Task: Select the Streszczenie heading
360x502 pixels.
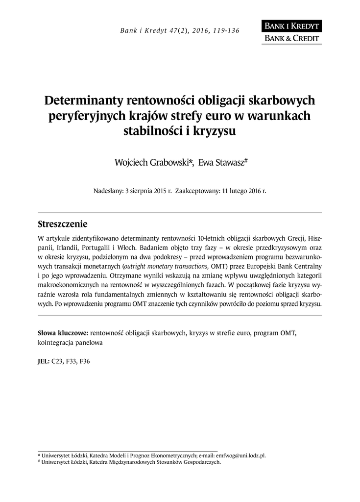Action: (62, 225)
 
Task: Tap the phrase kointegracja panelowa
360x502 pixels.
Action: (70, 343)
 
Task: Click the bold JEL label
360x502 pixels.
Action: (44, 361)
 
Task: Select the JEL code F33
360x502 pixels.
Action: (72, 361)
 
